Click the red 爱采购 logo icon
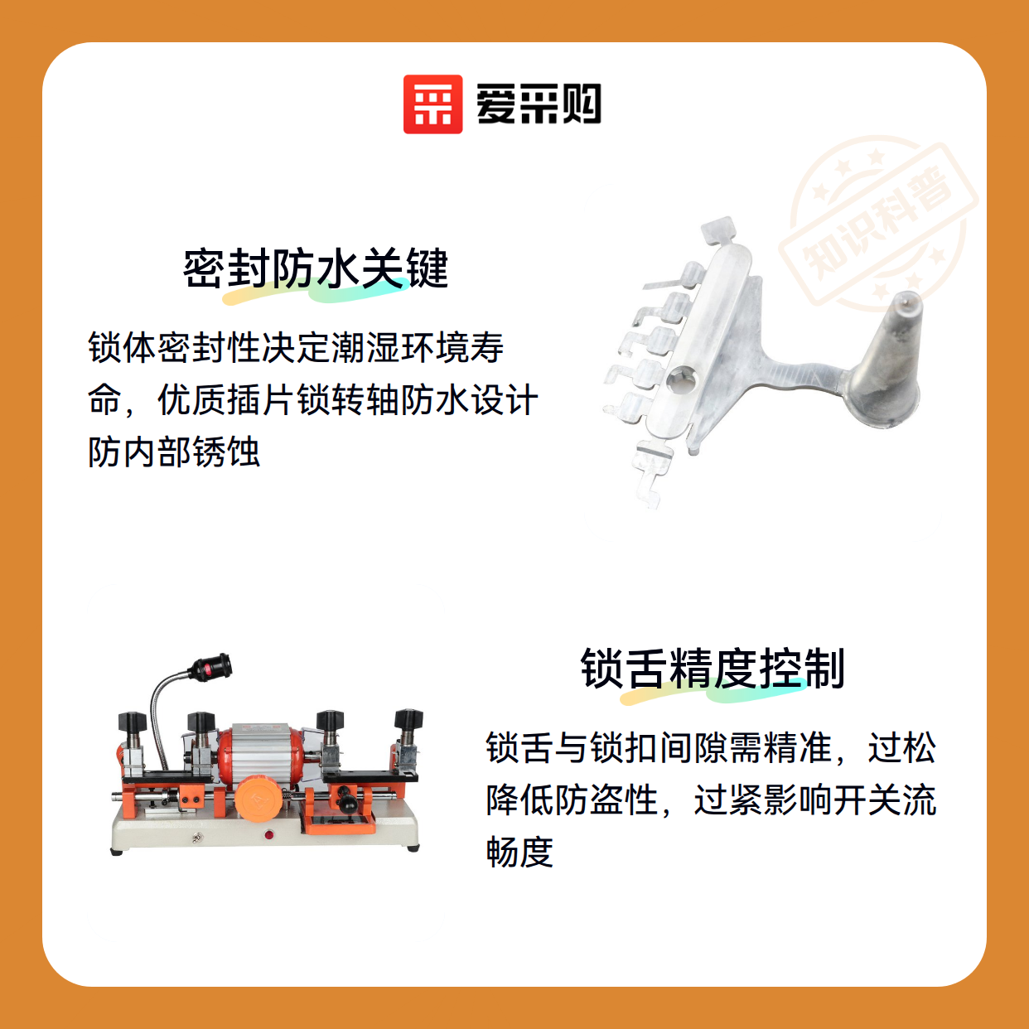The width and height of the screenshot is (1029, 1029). click(x=432, y=104)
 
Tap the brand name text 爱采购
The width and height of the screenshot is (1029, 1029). click(x=539, y=104)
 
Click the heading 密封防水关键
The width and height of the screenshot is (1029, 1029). click(x=316, y=268)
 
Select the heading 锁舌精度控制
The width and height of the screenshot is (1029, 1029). click(x=713, y=669)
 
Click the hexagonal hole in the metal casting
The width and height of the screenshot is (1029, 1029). click(x=683, y=381)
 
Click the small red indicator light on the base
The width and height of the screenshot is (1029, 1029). click(x=268, y=834)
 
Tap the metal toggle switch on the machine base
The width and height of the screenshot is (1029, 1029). click(x=197, y=839)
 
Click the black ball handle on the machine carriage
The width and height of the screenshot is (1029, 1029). click(x=349, y=803)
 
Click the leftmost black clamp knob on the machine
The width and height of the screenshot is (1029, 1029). click(x=132, y=722)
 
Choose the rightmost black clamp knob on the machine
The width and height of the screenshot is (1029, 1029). click(x=408, y=720)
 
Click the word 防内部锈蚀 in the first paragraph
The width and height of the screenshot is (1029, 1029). click(x=174, y=452)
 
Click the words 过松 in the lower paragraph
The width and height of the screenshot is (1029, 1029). click(x=902, y=748)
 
